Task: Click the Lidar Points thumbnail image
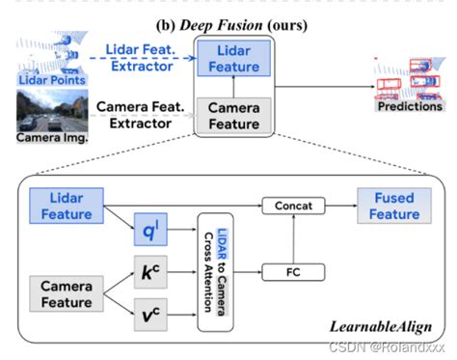pyautogui.click(x=40, y=69)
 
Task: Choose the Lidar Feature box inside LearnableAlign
pyautogui.click(x=65, y=204)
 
